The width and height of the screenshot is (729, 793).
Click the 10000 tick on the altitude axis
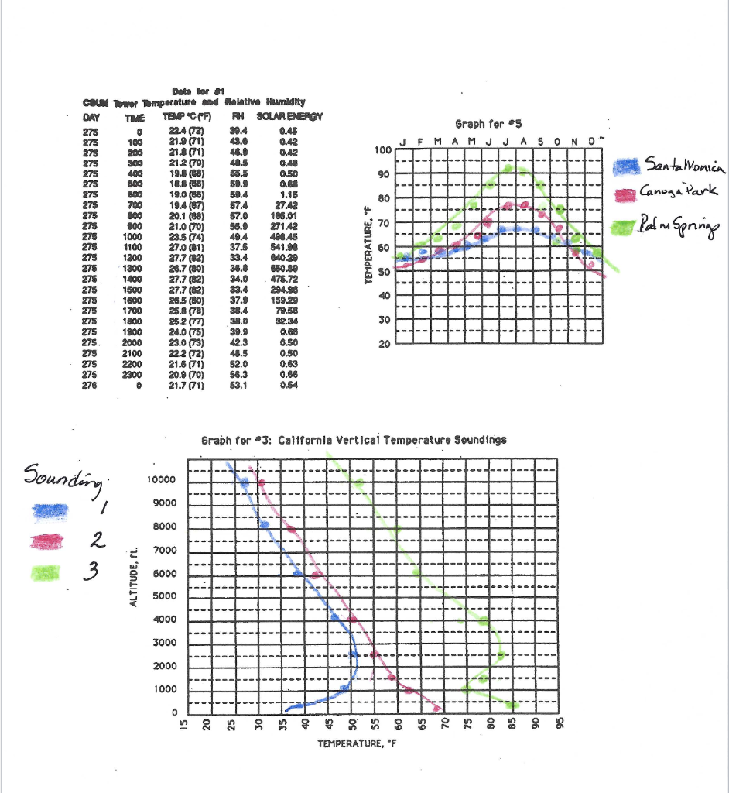(163, 481)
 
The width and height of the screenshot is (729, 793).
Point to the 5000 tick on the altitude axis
(165, 597)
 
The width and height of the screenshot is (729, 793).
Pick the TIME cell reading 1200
(136, 256)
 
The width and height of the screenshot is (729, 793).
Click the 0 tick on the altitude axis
(174, 712)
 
